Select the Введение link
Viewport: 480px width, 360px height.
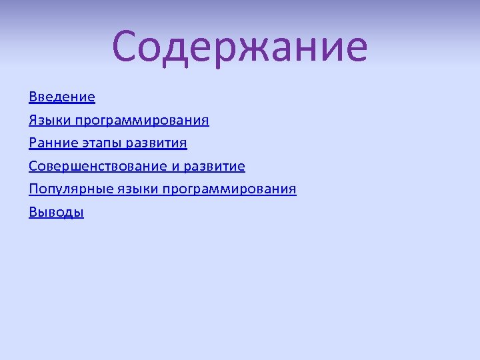pyautogui.click(x=62, y=97)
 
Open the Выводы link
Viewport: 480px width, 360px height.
pyautogui.click(x=57, y=213)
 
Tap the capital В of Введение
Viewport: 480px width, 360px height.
pyautogui.click(x=33, y=97)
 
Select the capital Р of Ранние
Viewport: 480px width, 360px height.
pyautogui.click(x=33, y=143)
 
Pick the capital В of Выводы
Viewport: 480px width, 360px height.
pyautogui.click(x=33, y=213)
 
